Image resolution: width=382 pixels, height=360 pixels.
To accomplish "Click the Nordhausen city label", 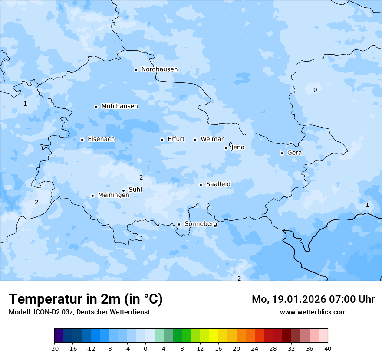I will pos(159,69).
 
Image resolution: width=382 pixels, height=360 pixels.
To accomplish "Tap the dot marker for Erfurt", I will pos(162,140).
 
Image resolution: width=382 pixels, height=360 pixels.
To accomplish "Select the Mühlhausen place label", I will pos(119,106).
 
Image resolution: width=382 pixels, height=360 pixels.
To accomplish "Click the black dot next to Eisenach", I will pos(82,140).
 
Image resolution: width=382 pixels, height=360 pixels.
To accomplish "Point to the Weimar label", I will pos(212,139).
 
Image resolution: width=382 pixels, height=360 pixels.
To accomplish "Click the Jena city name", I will pos(238,147).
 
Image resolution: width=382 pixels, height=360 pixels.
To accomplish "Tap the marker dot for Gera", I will pos(282,153).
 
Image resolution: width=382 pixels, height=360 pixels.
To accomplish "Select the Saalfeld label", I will pos(218,184).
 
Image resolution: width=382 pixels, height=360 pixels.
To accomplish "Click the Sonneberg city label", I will pos(201,224).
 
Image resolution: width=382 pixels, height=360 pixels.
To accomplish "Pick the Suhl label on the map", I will pos(135,190).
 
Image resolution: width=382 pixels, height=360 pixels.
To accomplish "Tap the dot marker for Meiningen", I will pos(92,196).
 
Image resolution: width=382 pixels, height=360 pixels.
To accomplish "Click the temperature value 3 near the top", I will pos(114,24).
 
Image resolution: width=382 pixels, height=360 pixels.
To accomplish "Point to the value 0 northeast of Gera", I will pos(315,90).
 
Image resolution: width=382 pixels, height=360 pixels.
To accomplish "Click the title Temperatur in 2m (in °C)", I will pos(86,299).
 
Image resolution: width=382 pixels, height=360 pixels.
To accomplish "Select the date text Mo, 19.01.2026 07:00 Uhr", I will pos(313,299).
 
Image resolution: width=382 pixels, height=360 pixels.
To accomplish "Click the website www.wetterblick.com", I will pos(313,312).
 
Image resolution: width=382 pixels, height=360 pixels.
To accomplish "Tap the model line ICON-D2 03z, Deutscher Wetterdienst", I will pos(79,312).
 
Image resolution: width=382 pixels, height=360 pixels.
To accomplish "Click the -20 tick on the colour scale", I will pos(54,348).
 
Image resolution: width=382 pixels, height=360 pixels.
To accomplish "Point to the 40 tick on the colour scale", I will pos(328,348).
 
